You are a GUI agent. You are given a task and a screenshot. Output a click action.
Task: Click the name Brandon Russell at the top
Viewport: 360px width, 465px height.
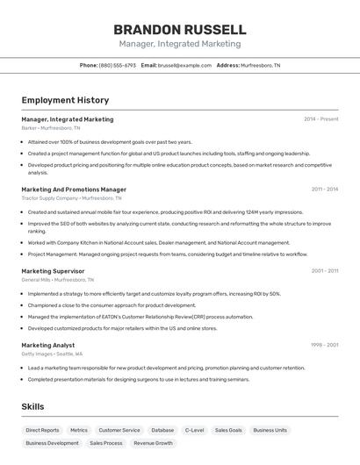point(179,29)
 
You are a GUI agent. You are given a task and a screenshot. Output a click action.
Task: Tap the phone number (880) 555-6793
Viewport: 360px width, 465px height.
point(117,65)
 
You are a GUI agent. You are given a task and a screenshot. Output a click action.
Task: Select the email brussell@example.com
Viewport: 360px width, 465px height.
point(184,65)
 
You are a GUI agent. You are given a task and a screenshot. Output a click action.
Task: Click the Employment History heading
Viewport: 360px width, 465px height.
point(65,100)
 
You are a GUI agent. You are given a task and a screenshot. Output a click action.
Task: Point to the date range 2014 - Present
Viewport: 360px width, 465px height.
point(320,119)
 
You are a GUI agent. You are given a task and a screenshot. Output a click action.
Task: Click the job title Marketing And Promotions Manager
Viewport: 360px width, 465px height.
point(74,189)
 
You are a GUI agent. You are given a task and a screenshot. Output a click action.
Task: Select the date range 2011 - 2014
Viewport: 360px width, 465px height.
point(324,189)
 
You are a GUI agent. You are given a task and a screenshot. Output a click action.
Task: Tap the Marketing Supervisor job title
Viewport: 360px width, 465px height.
point(53,271)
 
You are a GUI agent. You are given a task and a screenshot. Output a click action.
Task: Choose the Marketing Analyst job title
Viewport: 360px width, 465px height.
point(47,345)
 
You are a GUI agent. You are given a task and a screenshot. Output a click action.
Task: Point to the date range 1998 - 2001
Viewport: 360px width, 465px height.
point(324,345)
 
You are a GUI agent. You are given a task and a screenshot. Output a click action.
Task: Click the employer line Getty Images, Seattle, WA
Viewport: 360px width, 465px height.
point(52,354)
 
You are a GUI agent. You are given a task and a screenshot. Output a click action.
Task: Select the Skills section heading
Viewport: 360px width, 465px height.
point(32,406)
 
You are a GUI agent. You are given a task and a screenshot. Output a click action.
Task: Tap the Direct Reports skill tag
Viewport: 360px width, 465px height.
point(42,430)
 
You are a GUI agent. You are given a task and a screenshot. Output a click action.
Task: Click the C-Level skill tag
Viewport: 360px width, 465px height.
point(194,430)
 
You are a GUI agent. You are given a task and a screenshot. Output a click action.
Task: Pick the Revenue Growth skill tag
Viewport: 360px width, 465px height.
point(153,443)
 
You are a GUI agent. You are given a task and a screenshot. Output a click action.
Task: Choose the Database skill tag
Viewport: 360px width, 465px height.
point(162,430)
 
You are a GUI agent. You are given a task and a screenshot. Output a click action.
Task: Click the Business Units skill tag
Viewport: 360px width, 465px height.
point(270,430)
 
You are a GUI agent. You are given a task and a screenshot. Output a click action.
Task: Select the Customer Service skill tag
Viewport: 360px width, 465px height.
point(119,430)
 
